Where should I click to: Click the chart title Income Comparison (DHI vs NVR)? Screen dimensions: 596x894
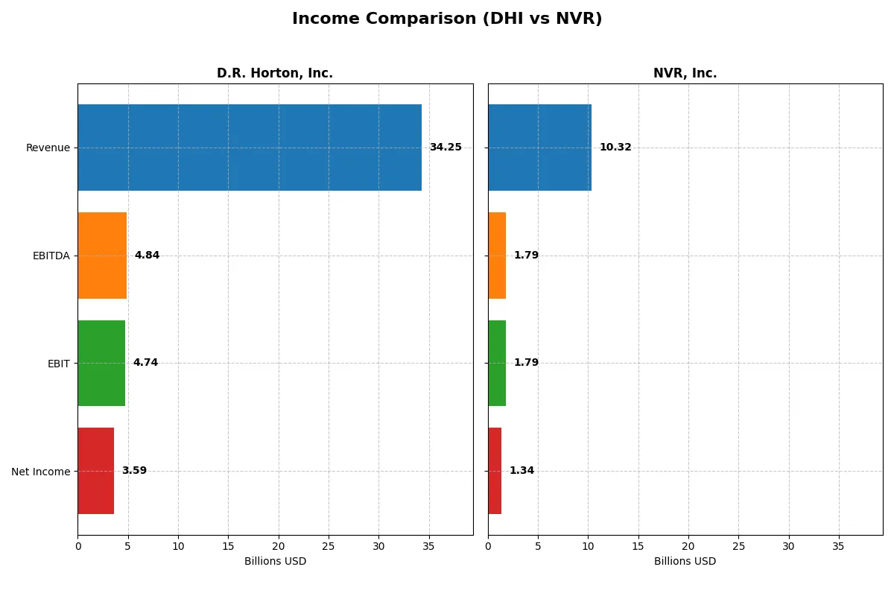point(447,19)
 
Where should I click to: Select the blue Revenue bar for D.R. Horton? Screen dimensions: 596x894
point(250,148)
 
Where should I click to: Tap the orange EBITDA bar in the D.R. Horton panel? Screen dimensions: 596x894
point(102,256)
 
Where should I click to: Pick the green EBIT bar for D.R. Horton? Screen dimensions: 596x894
point(101,363)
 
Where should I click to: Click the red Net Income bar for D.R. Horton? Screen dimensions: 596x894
point(96,471)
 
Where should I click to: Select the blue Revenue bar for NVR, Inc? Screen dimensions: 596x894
point(539,148)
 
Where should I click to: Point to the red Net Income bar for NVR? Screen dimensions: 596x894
point(495,471)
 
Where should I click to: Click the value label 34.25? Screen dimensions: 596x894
point(446,148)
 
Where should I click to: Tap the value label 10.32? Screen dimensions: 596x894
point(615,148)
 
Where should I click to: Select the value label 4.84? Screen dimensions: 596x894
point(147,256)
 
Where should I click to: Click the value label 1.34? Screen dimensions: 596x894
point(521,471)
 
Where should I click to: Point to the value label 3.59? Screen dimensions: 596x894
point(134,471)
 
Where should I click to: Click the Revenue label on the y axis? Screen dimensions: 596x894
point(48,148)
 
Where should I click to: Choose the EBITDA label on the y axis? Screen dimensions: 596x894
point(51,256)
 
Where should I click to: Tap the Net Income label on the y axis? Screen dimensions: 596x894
point(40,472)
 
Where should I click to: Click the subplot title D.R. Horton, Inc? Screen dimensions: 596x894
point(275,74)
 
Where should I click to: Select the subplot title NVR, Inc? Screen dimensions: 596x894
point(685,74)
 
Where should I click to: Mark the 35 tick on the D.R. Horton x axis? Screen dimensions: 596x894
point(428,546)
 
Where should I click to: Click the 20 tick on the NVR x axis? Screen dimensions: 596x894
point(688,546)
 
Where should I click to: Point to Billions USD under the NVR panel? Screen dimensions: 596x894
point(685,562)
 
